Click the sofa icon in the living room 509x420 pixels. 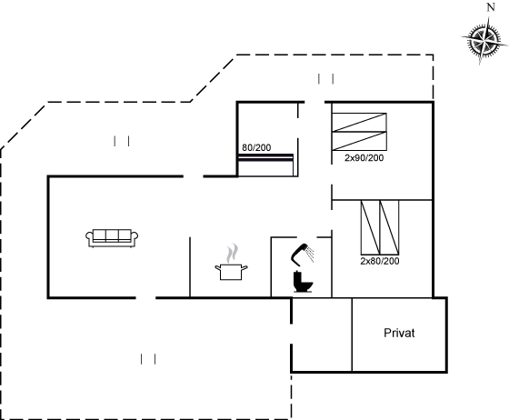click(112, 238)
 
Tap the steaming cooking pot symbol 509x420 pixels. click(231, 263)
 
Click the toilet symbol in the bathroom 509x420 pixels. click(303, 282)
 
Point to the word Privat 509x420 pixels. click(399, 333)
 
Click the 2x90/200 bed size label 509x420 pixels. click(364, 158)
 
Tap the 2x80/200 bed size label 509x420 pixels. click(380, 261)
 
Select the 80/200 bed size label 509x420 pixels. click(256, 147)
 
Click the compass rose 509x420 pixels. click(484, 41)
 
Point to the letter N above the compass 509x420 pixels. click(491, 7)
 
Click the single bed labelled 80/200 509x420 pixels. click(265, 165)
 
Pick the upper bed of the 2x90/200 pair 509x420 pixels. click(359, 123)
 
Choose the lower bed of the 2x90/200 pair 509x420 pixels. click(359, 141)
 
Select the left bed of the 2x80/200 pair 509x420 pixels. click(371, 227)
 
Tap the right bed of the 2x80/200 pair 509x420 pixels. click(389, 227)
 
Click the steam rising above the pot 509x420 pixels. click(232, 254)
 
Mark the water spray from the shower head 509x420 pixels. click(311, 255)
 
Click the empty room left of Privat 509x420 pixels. click(322, 335)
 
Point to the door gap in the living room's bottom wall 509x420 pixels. click(145, 297)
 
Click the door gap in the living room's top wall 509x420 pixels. click(194, 176)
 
